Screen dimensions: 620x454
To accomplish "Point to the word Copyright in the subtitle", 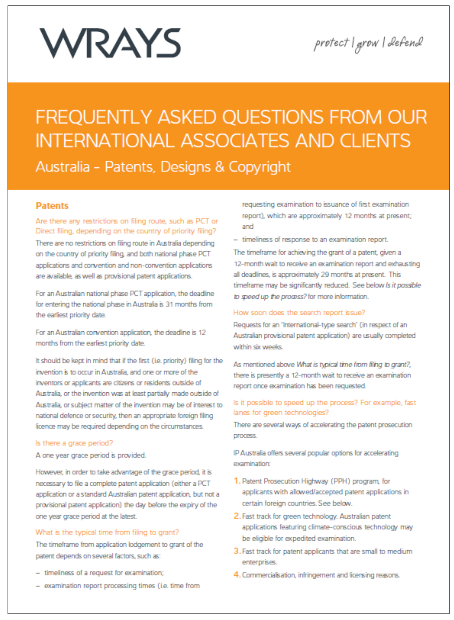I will (x=259, y=167).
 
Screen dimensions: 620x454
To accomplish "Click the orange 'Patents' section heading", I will (x=52, y=206).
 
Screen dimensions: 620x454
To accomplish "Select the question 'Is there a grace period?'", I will (x=74, y=443).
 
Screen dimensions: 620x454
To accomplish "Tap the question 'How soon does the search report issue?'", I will (x=299, y=312).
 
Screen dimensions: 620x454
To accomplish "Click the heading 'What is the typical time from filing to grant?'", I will (x=107, y=532).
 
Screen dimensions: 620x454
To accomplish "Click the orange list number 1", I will (x=237, y=481).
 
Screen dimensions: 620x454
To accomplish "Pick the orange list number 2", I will (x=237, y=516).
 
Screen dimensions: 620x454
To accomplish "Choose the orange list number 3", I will (x=237, y=551).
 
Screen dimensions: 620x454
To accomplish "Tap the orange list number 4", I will (x=237, y=575).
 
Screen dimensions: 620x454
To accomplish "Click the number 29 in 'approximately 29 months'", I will (x=325, y=274).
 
